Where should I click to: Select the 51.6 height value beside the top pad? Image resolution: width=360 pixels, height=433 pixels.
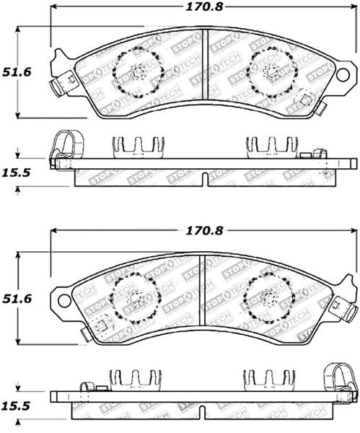click(17, 72)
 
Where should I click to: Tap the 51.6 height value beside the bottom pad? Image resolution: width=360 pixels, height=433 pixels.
click(17, 297)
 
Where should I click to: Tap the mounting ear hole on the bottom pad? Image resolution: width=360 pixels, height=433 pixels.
click(63, 298)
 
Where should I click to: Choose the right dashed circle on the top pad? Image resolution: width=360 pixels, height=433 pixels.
click(271, 71)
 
